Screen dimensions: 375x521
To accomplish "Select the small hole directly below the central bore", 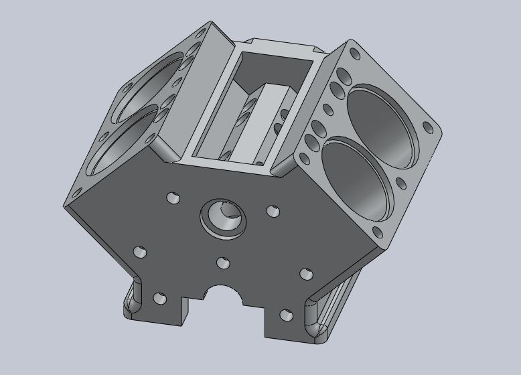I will (223, 263).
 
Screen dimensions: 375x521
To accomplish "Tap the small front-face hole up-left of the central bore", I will (173, 198).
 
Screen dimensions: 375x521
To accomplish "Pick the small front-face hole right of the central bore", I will (273, 211).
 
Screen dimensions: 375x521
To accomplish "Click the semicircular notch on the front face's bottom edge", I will (224, 295).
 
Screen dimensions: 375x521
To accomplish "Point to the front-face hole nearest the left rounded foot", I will (159, 299).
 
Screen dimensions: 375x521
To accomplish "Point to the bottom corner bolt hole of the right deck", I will (378, 233).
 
